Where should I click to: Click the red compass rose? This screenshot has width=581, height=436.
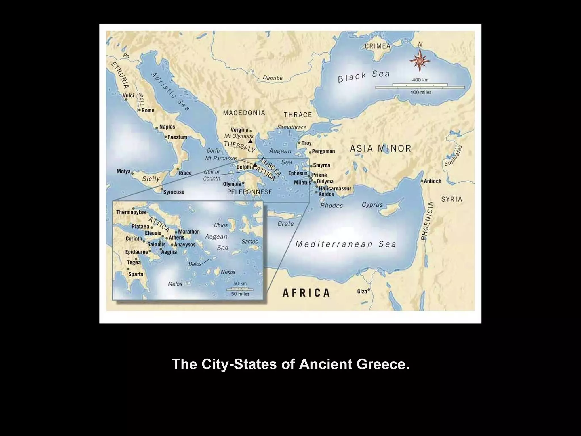click(x=420, y=60)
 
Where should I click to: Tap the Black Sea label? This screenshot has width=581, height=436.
click(x=364, y=76)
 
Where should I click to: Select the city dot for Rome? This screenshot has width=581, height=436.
click(x=140, y=110)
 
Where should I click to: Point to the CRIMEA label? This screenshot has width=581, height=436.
click(x=377, y=46)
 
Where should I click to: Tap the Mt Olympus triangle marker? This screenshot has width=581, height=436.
click(x=250, y=141)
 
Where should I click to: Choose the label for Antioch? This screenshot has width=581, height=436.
click(x=432, y=181)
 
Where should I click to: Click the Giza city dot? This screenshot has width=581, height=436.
click(x=369, y=290)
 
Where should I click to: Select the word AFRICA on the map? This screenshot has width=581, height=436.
click(x=306, y=293)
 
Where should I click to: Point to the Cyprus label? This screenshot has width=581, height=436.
click(x=372, y=205)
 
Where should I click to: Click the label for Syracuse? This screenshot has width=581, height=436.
click(x=174, y=192)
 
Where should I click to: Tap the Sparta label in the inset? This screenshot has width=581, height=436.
click(x=136, y=274)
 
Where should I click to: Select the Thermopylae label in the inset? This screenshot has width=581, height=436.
click(x=131, y=212)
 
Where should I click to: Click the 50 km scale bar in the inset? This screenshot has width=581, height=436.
click(x=240, y=289)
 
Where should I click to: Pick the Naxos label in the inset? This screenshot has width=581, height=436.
click(x=228, y=272)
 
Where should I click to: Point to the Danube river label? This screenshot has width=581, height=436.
click(x=272, y=78)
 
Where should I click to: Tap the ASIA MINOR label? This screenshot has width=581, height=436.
click(x=380, y=148)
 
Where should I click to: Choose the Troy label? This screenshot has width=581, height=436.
click(x=306, y=143)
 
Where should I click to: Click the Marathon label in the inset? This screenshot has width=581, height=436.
click(x=189, y=232)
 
